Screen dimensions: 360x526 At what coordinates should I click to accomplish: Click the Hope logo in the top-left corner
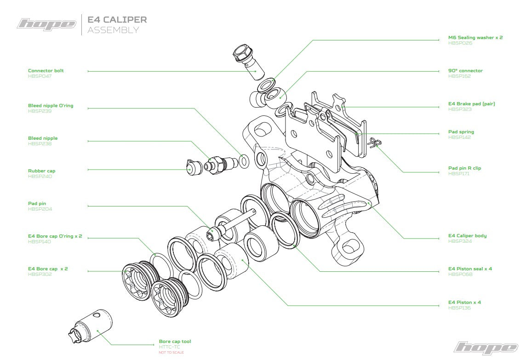click(x=46, y=24)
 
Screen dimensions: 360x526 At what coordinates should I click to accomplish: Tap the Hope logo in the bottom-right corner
click(x=486, y=348)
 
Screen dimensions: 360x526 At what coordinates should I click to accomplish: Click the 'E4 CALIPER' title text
click(x=117, y=20)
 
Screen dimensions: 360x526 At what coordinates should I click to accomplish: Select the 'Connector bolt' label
click(x=46, y=71)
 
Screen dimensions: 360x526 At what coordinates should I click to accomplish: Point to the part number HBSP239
click(x=40, y=111)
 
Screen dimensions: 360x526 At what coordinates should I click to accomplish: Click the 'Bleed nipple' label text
click(x=43, y=138)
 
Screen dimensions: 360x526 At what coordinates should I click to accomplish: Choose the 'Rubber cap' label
click(x=41, y=171)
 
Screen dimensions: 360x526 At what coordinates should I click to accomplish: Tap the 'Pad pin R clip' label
click(x=464, y=168)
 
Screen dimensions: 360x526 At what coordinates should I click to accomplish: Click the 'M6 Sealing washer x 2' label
click(x=475, y=38)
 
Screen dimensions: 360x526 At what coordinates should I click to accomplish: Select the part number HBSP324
click(x=460, y=241)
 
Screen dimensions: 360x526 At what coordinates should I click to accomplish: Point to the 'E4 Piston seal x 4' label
click(x=470, y=269)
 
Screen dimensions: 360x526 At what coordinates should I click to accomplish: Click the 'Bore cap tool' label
click(x=175, y=342)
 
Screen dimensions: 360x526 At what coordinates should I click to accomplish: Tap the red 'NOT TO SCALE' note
click(x=171, y=352)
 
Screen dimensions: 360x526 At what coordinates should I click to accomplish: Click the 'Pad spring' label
click(x=461, y=132)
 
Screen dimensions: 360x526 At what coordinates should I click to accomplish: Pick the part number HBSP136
click(x=460, y=308)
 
